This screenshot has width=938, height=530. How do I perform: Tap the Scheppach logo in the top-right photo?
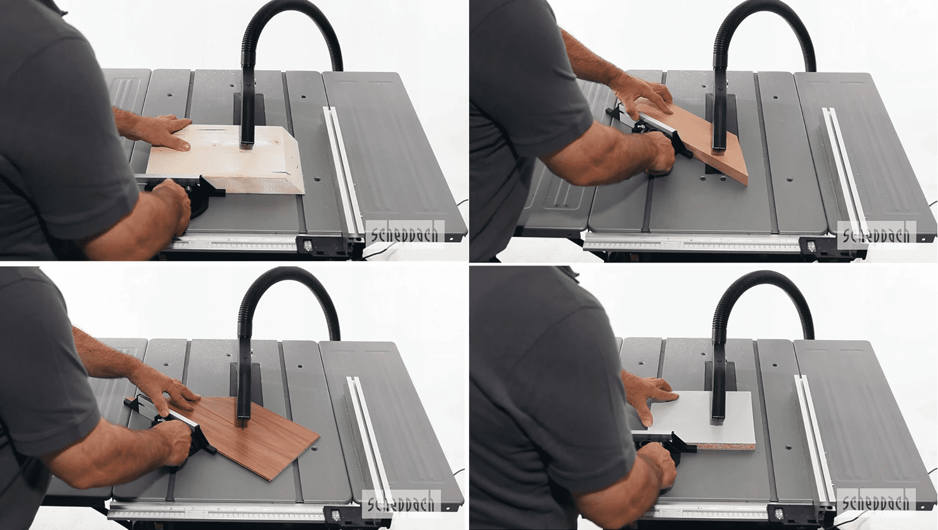click(x=875, y=236)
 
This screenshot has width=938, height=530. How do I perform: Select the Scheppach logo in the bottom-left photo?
click(x=401, y=504)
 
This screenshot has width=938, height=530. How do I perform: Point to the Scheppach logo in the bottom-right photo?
click(x=875, y=503)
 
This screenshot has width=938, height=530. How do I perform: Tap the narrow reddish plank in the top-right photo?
click(x=691, y=138)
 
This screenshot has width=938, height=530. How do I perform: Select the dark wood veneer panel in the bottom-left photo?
click(x=247, y=436)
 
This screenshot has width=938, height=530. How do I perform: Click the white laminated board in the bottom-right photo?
click(x=704, y=419)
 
